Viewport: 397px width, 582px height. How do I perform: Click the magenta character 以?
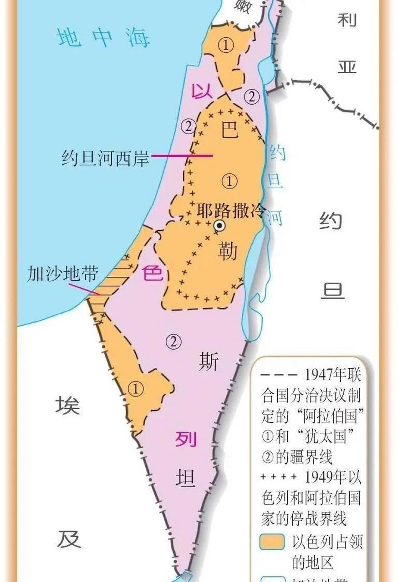coord(202,91)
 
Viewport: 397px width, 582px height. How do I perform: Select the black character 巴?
coord(229,129)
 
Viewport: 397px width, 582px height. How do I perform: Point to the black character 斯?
coord(209,362)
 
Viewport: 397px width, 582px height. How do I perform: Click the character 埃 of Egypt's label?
coord(68,405)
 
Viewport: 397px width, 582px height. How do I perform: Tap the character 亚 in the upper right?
coord(347,66)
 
